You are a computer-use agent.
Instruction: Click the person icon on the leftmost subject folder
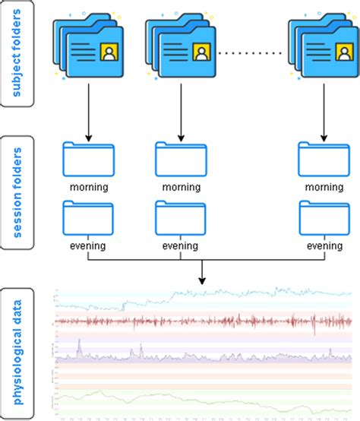110,52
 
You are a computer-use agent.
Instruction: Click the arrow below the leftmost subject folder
89,114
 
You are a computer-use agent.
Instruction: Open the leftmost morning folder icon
87,160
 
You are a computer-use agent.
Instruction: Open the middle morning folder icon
180,160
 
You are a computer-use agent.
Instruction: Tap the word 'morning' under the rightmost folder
322,186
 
